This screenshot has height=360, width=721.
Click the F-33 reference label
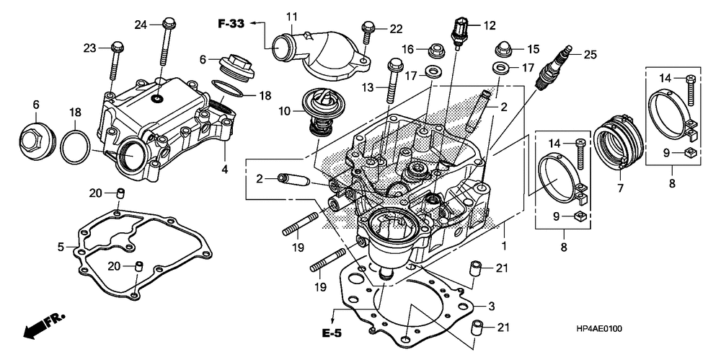click(231, 24)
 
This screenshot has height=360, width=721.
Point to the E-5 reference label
click(331, 333)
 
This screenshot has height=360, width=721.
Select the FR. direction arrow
click(44, 326)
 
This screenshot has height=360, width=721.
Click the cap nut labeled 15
click(503, 48)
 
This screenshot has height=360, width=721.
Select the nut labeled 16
click(435, 51)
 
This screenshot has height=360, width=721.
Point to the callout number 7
click(620, 188)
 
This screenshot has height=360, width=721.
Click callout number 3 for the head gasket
click(491, 306)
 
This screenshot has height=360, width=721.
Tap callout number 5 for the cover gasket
click(61, 247)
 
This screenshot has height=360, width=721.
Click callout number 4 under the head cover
click(224, 169)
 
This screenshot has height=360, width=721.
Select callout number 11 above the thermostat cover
click(291, 17)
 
